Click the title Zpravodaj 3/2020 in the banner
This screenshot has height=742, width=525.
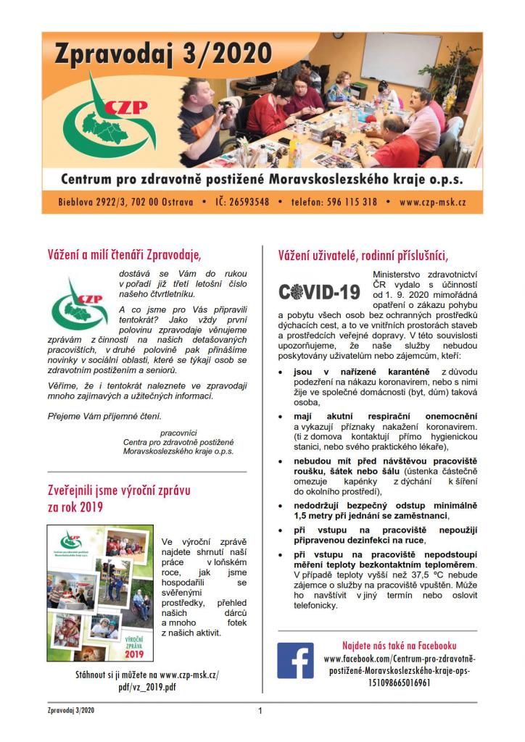pyautogui.click(x=163, y=54)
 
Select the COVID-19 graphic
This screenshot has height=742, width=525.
pyautogui.click(x=319, y=292)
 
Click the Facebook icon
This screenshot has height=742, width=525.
pyautogui.click(x=295, y=660)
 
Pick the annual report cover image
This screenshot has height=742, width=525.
pyautogui.click(x=100, y=593)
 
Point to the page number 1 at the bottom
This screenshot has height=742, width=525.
pyautogui.click(x=260, y=711)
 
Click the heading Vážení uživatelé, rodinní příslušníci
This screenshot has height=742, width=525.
pyautogui.click(x=363, y=254)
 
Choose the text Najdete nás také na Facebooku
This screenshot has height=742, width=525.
pyautogui.click(x=400, y=646)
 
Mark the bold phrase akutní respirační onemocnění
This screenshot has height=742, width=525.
pyautogui.click(x=397, y=417)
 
